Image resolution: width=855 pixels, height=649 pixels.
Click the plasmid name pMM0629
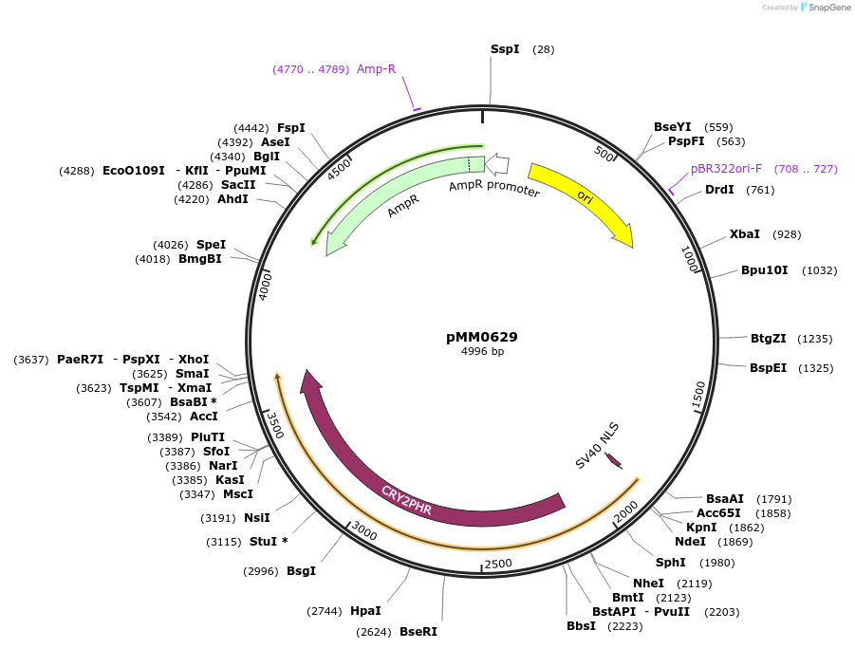[482, 337]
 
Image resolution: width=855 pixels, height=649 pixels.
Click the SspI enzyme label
[505, 48]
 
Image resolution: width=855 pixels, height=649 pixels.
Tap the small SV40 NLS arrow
[613, 460]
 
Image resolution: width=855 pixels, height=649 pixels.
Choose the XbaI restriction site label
[745, 233]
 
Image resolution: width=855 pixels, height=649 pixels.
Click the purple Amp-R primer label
[376, 69]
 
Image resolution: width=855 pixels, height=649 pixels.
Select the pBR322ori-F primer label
[726, 169]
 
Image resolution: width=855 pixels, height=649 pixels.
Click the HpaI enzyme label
[365, 611]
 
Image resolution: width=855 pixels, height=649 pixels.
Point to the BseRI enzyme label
[418, 632]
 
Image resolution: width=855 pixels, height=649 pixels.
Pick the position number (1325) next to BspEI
[815, 368]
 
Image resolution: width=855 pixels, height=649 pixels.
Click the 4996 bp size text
[482, 352]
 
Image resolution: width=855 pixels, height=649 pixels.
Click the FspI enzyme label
[291, 127]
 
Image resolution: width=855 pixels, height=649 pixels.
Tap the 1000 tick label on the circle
[690, 257]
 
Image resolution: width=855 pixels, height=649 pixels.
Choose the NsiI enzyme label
[257, 518]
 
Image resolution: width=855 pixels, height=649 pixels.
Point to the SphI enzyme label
[671, 562]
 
